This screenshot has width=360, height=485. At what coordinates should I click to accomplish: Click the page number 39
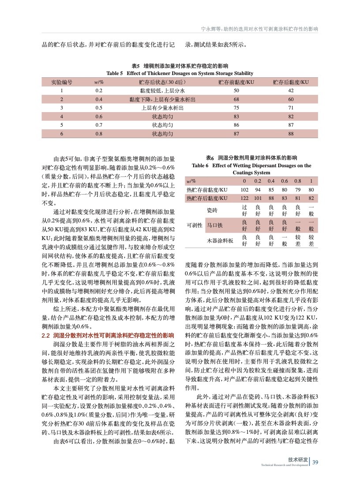pyautogui.click(x=315, y=462)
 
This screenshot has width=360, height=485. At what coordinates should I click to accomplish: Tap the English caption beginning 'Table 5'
pyautogui.click(x=180, y=73)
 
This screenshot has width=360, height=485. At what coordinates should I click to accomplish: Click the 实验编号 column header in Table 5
pyautogui.click(x=62, y=82)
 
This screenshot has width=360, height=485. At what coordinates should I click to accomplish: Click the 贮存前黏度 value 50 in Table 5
pyautogui.click(x=236, y=90)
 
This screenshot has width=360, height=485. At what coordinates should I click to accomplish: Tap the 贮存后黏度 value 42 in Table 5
pyautogui.click(x=291, y=90)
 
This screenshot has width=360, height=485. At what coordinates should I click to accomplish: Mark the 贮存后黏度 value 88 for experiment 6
pyautogui.click(x=291, y=133)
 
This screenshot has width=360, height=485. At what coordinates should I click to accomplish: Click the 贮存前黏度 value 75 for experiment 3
pyautogui.click(x=236, y=108)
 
